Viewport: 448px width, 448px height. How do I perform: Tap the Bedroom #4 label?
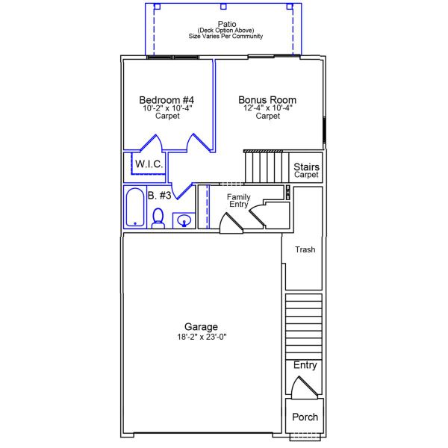(x=167, y=100)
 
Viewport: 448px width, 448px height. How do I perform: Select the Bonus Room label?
(x=267, y=100)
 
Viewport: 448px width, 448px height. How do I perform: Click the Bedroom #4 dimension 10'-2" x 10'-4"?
(x=167, y=108)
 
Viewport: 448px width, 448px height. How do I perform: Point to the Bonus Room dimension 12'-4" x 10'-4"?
(x=267, y=108)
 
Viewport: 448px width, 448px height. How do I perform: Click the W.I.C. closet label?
(x=149, y=164)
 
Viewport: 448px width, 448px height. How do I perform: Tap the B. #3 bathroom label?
(x=160, y=196)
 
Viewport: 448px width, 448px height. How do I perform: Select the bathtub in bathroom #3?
(x=135, y=208)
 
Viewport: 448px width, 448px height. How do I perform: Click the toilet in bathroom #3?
(x=158, y=217)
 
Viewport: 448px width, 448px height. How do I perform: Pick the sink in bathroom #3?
(x=184, y=220)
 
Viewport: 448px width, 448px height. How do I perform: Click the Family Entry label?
(x=239, y=200)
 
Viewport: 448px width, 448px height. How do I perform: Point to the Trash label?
(x=305, y=250)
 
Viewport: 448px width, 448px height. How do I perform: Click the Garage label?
(x=202, y=327)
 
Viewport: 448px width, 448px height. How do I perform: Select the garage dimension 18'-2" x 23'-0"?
(x=202, y=337)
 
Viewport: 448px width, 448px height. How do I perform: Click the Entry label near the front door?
(x=305, y=365)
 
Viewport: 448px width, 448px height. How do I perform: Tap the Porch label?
(x=305, y=417)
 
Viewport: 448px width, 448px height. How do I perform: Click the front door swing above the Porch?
(x=304, y=388)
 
